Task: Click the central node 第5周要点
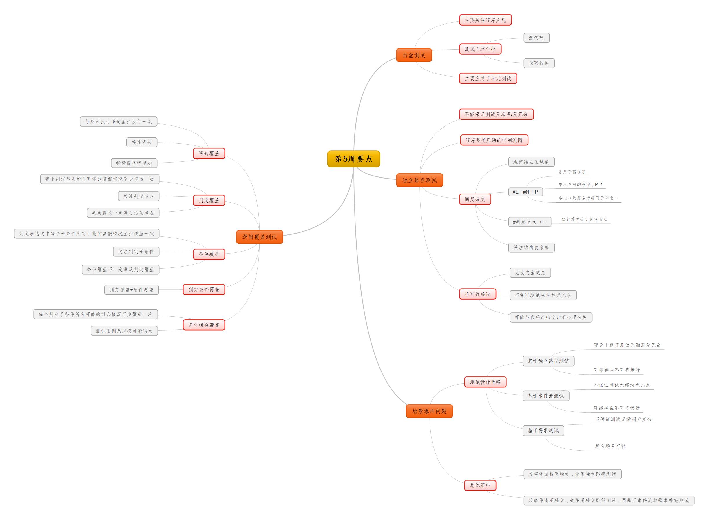click(353, 159)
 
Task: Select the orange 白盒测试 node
click(413, 55)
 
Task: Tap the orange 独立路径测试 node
click(419, 180)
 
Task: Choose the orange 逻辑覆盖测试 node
click(259, 237)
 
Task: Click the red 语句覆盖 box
click(209, 153)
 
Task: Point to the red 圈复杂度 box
click(475, 199)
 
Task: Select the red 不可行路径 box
click(477, 294)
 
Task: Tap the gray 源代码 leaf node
click(536, 38)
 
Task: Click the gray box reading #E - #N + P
click(525, 192)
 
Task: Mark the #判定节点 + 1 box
click(529, 222)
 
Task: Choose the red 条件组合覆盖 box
click(204, 325)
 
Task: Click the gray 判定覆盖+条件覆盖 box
click(131, 290)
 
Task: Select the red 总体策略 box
click(480, 485)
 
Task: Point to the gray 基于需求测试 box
click(543, 430)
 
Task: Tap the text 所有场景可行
click(610, 446)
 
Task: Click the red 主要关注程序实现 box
click(485, 20)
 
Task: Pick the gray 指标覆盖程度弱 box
click(134, 163)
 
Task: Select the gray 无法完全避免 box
click(530, 273)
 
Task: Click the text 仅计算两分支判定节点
click(584, 219)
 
